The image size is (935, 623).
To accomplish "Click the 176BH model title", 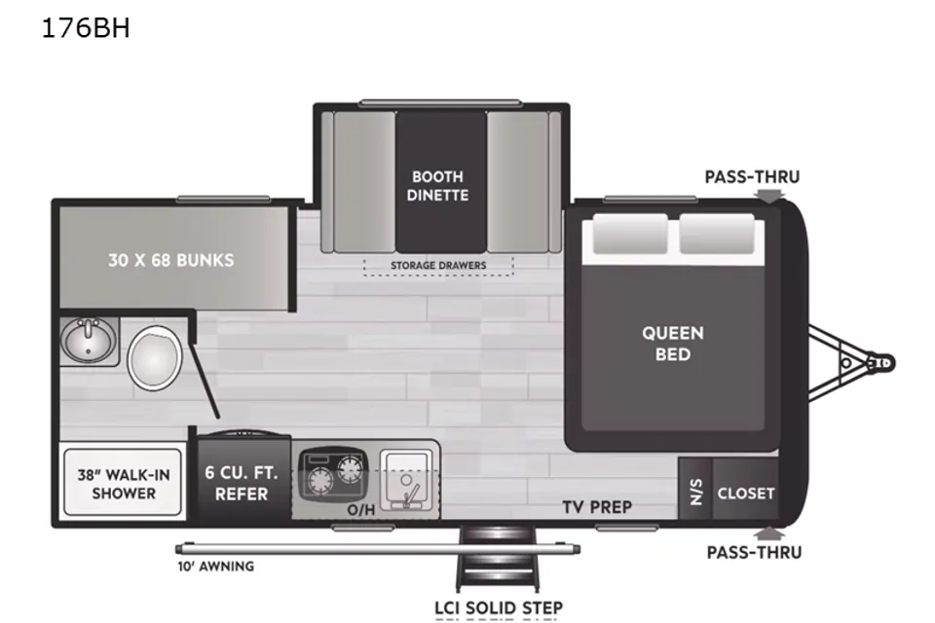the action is (x=86, y=28).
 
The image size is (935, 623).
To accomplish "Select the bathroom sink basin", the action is (x=89, y=339).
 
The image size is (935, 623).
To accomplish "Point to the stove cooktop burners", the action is (x=333, y=473).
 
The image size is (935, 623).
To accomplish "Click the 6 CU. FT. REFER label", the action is (x=242, y=484).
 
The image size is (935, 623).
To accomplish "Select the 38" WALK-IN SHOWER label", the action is (x=124, y=484).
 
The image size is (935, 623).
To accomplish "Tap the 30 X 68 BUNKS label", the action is (x=171, y=260).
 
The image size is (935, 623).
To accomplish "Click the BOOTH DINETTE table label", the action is (x=437, y=186).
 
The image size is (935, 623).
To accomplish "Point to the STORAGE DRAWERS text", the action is (x=438, y=266).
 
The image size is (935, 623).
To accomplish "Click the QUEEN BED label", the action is (x=673, y=344).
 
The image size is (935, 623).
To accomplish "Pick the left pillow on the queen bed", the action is (x=630, y=234).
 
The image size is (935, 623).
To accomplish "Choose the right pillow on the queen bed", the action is (x=717, y=234).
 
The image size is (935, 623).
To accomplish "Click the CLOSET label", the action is (x=746, y=494).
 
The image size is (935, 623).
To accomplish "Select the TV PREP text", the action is (x=597, y=507).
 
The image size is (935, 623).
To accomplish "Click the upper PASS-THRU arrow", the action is (x=769, y=195).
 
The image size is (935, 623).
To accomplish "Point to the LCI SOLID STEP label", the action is (x=499, y=608).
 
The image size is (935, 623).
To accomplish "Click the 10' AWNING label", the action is (x=216, y=567).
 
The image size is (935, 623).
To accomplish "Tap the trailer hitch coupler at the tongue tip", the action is (x=882, y=363).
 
